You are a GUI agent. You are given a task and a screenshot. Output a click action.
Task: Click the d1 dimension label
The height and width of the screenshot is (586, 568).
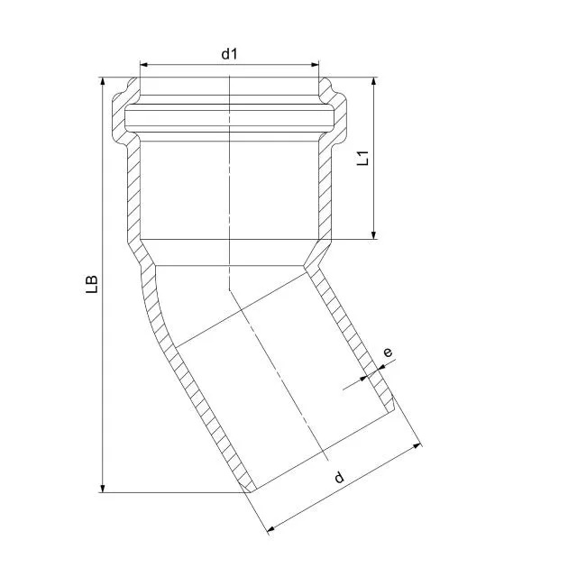coord(229,54)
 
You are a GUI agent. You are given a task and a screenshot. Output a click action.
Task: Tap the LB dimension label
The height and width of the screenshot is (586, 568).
coord(92,284)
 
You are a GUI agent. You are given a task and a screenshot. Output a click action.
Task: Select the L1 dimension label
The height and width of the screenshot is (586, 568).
coord(362,158)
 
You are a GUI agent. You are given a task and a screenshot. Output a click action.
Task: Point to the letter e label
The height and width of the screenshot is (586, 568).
coord(389,352)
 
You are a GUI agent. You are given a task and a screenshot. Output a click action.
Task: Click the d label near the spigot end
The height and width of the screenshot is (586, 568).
coord(339,477)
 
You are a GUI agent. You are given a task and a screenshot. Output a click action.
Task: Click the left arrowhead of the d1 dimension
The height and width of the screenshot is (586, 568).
coord(144,65)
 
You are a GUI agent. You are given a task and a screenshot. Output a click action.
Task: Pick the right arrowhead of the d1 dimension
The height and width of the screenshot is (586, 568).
coord(315,65)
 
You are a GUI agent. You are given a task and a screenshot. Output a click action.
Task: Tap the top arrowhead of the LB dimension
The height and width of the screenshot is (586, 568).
coord(103,82)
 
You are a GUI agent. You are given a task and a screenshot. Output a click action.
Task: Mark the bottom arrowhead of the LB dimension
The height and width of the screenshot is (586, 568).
coord(103,488)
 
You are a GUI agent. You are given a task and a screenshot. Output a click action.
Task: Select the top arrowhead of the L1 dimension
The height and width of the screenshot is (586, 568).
coord(373,82)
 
